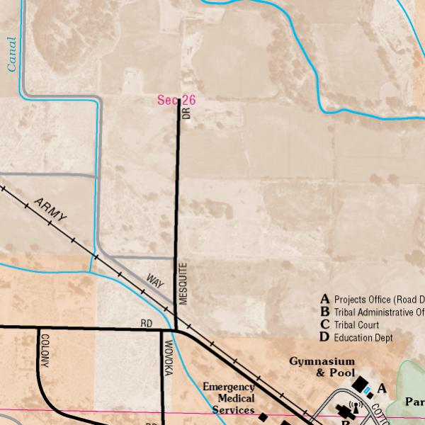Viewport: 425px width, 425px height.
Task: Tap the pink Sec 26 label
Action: (x=176, y=101)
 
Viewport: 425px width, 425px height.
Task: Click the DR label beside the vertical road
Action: (x=186, y=112)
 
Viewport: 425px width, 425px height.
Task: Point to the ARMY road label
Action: (x=50, y=210)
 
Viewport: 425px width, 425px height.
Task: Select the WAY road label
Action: (x=155, y=280)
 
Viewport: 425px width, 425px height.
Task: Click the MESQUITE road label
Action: (x=183, y=283)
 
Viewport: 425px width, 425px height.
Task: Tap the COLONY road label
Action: (x=45, y=350)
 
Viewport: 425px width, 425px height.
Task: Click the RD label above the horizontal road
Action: (x=147, y=324)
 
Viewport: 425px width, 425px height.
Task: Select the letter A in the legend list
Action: (x=324, y=299)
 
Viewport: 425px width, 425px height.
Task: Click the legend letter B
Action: (x=324, y=312)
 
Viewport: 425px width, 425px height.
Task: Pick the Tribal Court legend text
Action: (x=356, y=325)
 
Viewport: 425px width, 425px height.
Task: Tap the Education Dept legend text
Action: (x=363, y=338)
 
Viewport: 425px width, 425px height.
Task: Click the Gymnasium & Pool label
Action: (x=321, y=367)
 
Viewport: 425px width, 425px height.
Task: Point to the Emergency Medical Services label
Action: (x=228, y=398)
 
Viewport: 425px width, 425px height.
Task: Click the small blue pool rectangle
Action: (x=368, y=391)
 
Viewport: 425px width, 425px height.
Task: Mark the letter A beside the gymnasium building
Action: (x=382, y=388)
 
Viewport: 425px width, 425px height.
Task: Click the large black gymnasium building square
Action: (x=358, y=383)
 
